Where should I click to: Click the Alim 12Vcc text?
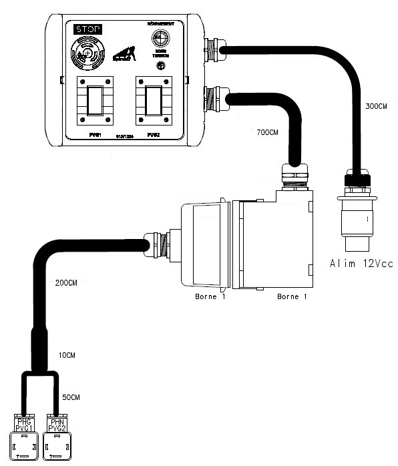361,264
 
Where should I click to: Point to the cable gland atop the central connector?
295,173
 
